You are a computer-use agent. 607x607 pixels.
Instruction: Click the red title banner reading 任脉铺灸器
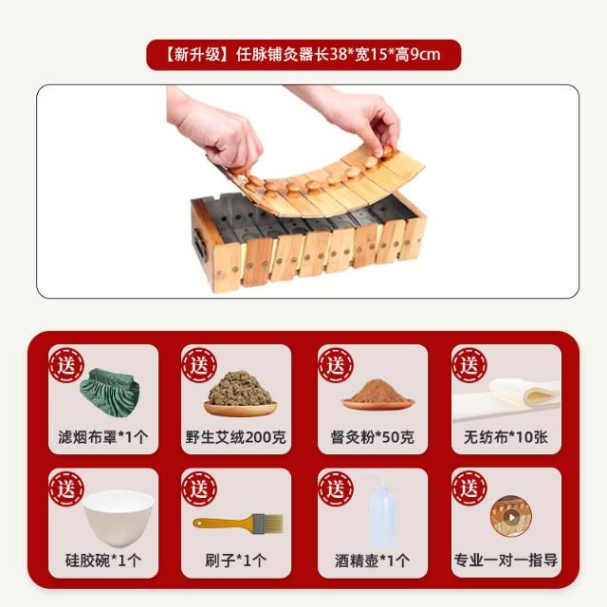click(x=303, y=55)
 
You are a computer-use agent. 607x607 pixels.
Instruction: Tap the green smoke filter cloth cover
click(x=110, y=392)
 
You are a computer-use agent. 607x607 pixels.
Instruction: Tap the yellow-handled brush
click(x=238, y=524)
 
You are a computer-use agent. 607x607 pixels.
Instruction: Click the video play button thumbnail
click(x=510, y=517)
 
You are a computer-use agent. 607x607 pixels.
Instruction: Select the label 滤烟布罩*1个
click(x=103, y=437)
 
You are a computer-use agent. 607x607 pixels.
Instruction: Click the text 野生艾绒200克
click(x=236, y=437)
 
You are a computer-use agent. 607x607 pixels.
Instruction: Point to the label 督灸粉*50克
click(x=373, y=437)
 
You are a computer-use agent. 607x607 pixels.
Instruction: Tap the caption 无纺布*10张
click(x=506, y=437)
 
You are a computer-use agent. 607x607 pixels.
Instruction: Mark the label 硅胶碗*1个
click(x=103, y=561)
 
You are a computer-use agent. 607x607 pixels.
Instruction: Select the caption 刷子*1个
click(x=236, y=561)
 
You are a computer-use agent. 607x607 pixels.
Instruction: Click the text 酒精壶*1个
click(x=373, y=561)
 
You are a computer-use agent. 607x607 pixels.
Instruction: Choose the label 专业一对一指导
click(x=506, y=561)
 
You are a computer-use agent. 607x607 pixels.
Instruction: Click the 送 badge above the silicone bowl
click(x=66, y=489)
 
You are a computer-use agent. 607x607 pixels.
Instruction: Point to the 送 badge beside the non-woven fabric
click(x=469, y=365)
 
